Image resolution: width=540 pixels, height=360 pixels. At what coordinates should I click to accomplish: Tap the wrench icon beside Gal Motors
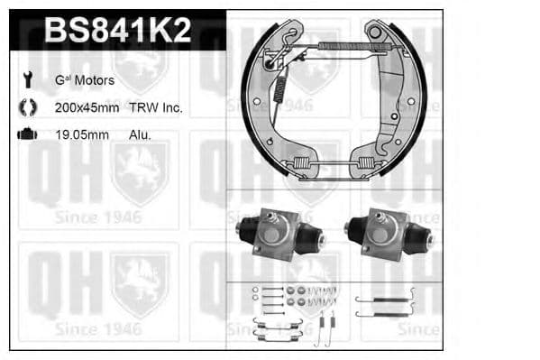(26, 79)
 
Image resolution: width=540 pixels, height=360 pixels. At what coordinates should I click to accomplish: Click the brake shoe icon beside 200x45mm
(26, 106)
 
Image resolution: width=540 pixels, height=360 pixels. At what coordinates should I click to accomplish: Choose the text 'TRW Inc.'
(158, 107)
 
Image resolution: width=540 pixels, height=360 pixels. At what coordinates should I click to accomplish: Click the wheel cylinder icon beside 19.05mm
(26, 134)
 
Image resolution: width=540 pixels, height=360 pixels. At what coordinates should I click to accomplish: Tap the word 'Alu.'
(139, 134)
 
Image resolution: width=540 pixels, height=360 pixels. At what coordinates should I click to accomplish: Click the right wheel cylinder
(388, 235)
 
